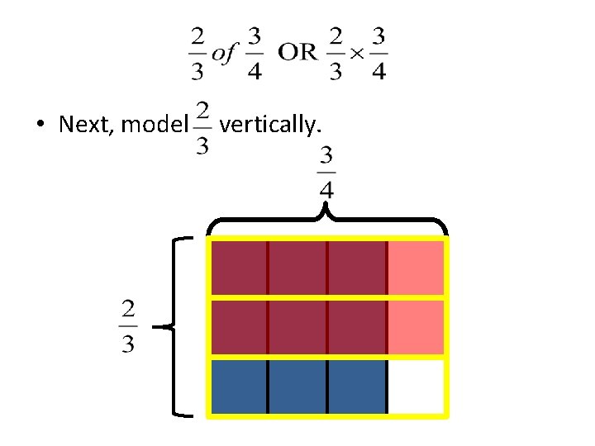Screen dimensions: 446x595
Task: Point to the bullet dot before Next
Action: coord(40,126)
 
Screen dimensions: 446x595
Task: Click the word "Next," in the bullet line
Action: coord(87,125)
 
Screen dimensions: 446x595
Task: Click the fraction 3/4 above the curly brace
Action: coord(326,172)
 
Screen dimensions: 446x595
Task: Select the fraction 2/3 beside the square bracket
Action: coord(128,326)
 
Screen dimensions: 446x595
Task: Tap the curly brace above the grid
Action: coord(327,221)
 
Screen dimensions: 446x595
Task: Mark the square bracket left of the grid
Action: coord(180,326)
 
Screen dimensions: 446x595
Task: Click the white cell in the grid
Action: coord(416,386)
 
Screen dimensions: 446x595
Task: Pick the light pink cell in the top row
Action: coord(416,267)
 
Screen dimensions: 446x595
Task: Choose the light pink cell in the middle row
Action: coord(416,327)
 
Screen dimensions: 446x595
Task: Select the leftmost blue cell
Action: coord(239,386)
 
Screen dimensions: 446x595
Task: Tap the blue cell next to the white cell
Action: coord(357,386)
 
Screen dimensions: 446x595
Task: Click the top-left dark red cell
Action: coord(239,267)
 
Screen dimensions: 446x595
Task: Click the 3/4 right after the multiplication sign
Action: coord(378,54)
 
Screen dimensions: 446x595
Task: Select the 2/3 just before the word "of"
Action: coord(198,54)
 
